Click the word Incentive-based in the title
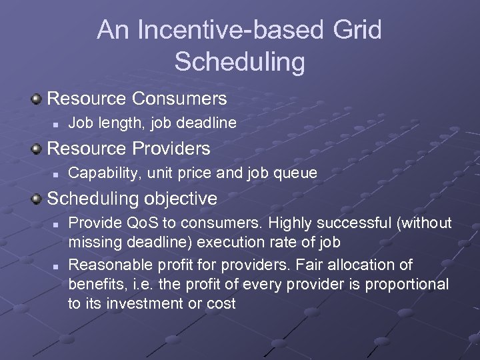(225, 31)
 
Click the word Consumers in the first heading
(179, 99)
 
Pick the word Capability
(101, 173)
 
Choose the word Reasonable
(111, 265)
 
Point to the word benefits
(93, 284)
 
